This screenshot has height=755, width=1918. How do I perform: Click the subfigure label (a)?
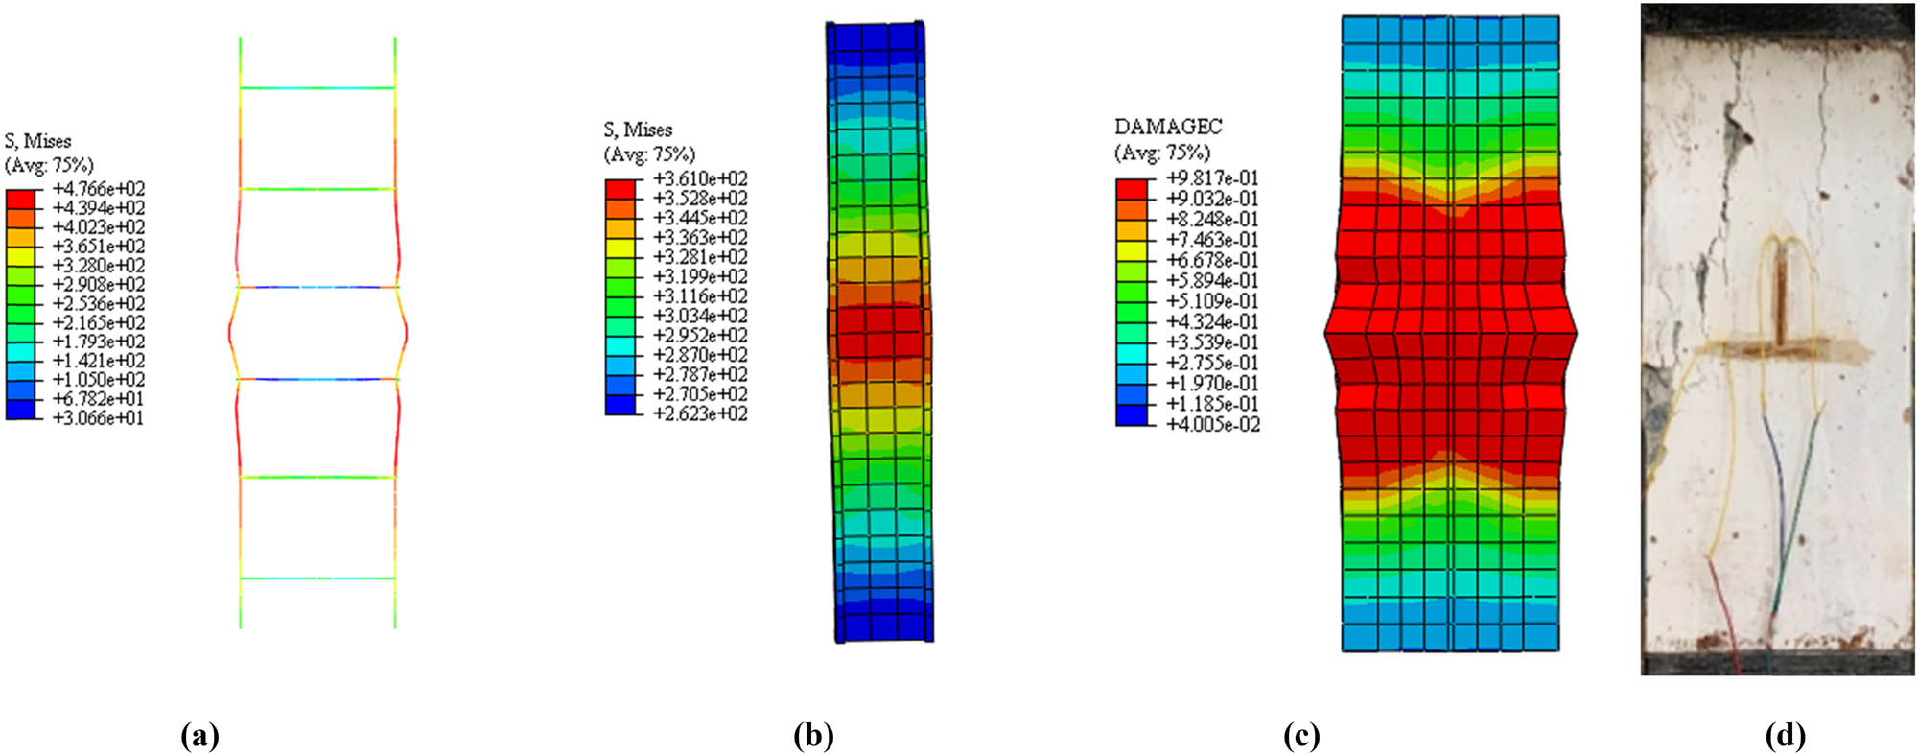[199, 736]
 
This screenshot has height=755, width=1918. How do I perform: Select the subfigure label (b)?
[813, 736]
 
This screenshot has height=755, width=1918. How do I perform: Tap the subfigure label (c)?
[1301, 736]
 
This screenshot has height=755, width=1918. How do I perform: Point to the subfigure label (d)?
[1785, 736]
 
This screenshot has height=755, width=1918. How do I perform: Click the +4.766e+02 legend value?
[99, 189]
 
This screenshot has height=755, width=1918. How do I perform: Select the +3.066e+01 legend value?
[99, 418]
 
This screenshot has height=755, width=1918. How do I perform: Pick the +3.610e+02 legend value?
[699, 179]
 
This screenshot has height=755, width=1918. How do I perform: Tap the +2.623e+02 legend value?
[699, 413]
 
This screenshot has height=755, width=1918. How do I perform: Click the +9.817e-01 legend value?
[1212, 178]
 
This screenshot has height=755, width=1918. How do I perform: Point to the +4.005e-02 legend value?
[1212, 424]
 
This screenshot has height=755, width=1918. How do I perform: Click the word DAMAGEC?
[1167, 127]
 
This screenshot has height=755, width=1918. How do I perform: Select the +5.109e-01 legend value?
[1212, 301]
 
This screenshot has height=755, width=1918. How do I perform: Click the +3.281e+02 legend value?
[699, 257]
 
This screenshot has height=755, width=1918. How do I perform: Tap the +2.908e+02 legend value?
[99, 285]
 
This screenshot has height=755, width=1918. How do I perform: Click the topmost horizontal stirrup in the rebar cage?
[317, 88]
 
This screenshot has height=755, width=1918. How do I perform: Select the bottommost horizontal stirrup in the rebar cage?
[317, 578]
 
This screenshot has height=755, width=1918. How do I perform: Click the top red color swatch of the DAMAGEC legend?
[1132, 189]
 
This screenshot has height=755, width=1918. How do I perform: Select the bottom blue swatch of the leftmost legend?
[20, 410]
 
